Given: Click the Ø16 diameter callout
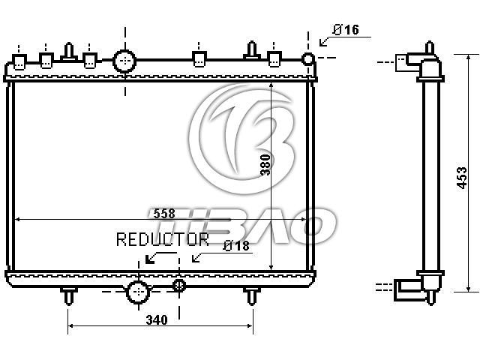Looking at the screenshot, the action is [x=346, y=30].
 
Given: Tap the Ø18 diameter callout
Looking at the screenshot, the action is [x=237, y=246].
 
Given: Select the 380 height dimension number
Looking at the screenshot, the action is [x=265, y=165].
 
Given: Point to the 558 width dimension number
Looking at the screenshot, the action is [x=164, y=213].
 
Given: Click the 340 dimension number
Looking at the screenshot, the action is [x=157, y=320].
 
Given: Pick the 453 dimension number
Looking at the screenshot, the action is [x=462, y=178].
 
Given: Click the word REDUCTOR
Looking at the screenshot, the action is [x=163, y=239].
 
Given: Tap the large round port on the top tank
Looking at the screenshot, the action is [x=124, y=61].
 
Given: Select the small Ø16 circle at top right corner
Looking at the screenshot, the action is [x=308, y=58].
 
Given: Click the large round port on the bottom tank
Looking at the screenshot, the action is [x=138, y=292].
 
